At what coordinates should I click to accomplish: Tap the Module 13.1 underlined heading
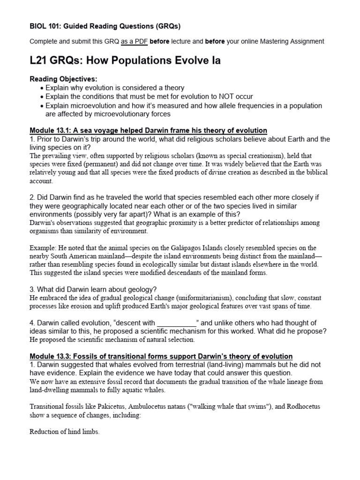148,130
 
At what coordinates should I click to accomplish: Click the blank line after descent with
176,322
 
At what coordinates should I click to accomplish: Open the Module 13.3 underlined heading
161,356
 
